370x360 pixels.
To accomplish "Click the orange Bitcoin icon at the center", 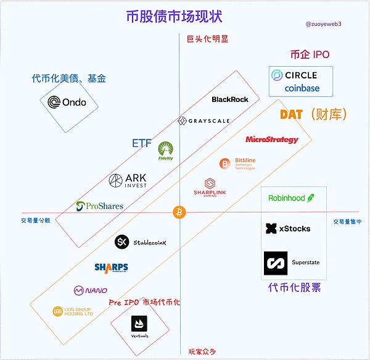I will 179,212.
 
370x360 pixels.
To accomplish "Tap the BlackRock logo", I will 230,99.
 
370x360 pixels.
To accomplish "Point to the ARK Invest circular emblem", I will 116,180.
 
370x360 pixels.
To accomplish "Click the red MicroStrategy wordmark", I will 272,140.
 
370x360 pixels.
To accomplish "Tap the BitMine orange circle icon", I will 226,164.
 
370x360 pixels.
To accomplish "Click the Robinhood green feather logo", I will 311,198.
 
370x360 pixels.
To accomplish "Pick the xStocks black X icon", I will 271,228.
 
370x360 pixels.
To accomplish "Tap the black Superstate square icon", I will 275,263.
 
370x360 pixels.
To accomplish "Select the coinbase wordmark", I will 302,88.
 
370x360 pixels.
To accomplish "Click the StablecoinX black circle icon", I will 122,242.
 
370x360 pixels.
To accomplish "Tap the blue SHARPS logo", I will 111,267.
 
